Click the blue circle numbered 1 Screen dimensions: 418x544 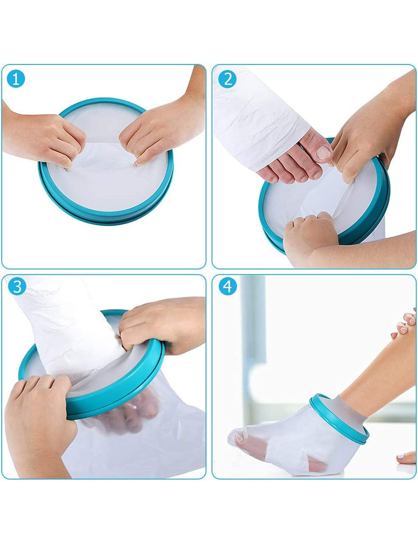tap(16, 79)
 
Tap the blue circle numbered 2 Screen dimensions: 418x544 tap(227, 79)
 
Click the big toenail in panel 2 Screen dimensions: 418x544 tap(323, 152)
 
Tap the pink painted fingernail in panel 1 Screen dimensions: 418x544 tap(136, 164)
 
